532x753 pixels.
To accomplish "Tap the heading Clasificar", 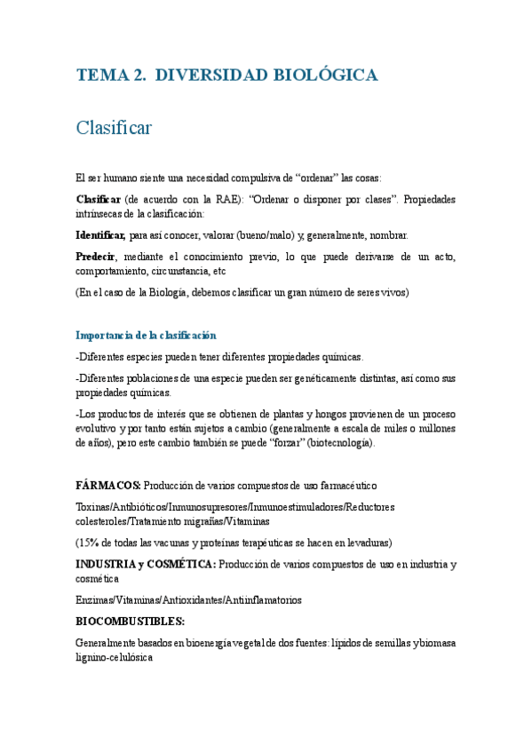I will [114, 128].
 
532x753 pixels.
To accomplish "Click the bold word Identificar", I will [100, 235].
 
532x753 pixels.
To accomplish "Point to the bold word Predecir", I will [96, 257].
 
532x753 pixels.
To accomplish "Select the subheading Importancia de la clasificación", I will [146, 335].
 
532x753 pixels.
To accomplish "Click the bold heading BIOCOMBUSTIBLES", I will [130, 622].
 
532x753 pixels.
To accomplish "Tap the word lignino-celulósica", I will [115, 658].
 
